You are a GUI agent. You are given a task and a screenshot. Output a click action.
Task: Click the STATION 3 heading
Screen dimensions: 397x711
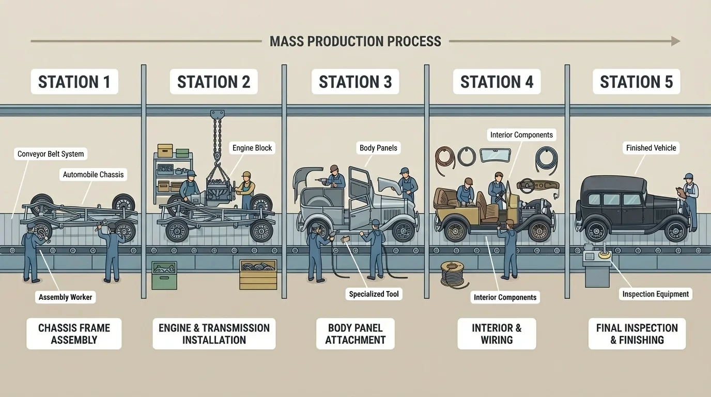click(x=355, y=82)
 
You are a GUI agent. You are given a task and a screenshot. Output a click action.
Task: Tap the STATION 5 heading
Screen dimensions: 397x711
click(x=636, y=82)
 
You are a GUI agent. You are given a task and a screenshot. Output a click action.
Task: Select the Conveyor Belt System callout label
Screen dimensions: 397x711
click(x=51, y=154)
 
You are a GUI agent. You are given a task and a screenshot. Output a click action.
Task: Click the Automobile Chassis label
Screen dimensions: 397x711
click(x=94, y=175)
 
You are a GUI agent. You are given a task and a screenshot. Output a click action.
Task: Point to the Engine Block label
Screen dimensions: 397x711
click(x=252, y=148)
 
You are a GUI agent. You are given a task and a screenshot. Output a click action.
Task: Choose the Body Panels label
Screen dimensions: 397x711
click(x=378, y=148)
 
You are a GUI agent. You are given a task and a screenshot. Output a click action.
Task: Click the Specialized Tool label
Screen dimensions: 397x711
click(x=374, y=294)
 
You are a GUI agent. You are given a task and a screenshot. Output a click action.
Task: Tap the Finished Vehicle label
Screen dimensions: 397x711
click(x=651, y=148)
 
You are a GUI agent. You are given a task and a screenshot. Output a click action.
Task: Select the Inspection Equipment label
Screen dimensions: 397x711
click(x=655, y=294)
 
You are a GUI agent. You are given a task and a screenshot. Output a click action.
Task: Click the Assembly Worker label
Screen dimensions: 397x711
click(x=65, y=297)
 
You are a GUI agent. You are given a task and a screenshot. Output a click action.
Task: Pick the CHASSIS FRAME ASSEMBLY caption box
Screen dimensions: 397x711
click(x=74, y=334)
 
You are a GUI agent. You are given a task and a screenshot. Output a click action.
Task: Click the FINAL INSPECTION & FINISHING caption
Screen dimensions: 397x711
click(x=637, y=334)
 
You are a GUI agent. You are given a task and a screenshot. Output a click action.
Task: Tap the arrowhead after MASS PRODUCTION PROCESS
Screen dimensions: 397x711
click(x=675, y=41)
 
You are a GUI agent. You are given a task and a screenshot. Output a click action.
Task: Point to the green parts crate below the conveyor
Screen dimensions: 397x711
click(x=164, y=274)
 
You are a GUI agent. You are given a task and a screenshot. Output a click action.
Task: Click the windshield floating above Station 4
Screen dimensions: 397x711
click(x=495, y=155)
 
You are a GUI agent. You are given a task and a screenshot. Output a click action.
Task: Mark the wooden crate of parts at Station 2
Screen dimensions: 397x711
click(x=258, y=274)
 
